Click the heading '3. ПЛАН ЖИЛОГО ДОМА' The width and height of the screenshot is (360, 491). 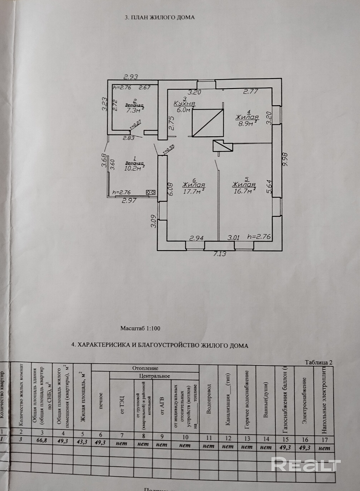coord(159,17)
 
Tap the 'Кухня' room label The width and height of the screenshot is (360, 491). coord(184,103)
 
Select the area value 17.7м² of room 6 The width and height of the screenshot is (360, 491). coord(193,191)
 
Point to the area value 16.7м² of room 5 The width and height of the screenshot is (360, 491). coord(244,191)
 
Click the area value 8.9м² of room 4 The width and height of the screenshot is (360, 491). coord(247,123)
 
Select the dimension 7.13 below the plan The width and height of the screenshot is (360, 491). coord(220,254)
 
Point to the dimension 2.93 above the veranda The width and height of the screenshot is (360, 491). coord(131,77)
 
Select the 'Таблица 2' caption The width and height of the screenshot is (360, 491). coord(318,362)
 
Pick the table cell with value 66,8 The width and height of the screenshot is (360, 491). coord(42,440)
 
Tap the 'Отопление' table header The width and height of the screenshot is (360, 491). coord(145,368)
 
